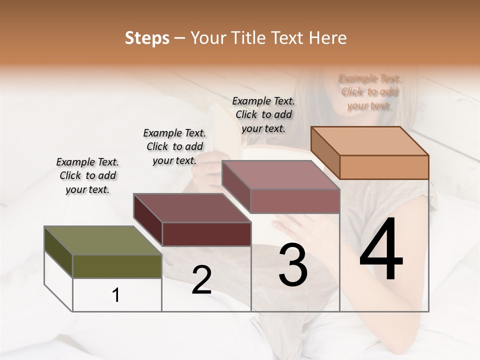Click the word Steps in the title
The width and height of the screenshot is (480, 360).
(x=147, y=38)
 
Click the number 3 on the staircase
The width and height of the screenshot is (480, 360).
(x=293, y=265)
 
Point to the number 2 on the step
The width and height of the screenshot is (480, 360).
(x=201, y=280)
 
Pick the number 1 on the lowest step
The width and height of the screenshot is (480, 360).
(x=116, y=295)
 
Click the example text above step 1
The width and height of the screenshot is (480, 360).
(x=87, y=175)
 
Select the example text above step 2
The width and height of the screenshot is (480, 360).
(x=174, y=146)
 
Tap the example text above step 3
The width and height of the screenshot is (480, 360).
(x=263, y=114)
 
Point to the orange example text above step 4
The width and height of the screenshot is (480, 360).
(x=369, y=92)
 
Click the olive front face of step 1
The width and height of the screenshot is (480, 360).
(x=117, y=266)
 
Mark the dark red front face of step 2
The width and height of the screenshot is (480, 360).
(x=206, y=234)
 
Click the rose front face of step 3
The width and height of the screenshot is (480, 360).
(x=295, y=201)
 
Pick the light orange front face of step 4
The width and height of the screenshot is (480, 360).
(x=384, y=167)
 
